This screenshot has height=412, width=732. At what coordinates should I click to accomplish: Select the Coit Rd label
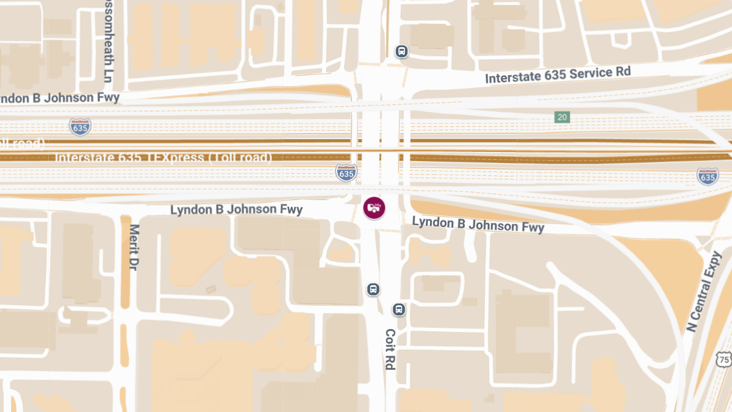tap(390, 349)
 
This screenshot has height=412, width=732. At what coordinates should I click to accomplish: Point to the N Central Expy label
tap(703, 292)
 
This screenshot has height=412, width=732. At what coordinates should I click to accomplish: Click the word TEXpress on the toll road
tap(175, 157)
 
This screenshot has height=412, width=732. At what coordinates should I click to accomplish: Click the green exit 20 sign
tap(562, 117)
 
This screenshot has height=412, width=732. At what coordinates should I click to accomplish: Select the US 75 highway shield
tap(724, 359)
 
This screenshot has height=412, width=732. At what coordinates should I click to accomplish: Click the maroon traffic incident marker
tap(374, 208)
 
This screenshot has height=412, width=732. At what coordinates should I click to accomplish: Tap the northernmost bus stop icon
tap(401, 51)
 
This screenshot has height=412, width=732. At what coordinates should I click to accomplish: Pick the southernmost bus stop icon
tap(398, 309)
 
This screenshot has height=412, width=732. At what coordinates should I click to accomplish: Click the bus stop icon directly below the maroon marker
tap(373, 289)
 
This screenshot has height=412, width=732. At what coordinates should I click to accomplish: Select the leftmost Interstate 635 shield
tap(80, 126)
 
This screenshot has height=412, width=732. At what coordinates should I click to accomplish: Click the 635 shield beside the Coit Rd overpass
tap(346, 173)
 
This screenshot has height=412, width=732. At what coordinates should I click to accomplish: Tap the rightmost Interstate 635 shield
tap(707, 176)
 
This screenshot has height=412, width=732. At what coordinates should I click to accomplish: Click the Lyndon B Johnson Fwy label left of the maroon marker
tap(236, 210)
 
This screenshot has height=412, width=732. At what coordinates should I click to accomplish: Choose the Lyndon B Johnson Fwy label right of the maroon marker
tap(478, 224)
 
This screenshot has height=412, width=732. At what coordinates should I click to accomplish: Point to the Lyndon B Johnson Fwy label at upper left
tap(59, 98)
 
